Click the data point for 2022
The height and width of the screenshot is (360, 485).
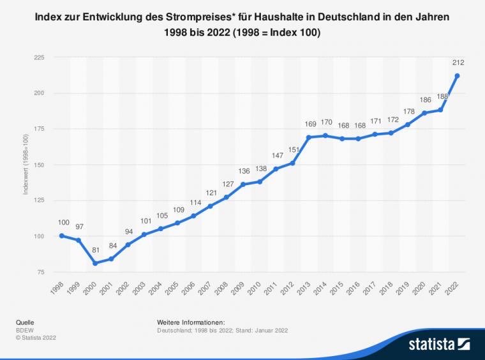pyautogui.click(x=457, y=76)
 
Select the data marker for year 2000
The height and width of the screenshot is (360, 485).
pyautogui.click(x=94, y=263)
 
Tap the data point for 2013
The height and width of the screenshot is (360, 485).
pyautogui.click(x=309, y=137)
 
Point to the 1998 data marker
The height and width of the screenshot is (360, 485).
pyautogui.click(x=61, y=236)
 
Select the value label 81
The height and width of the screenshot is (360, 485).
pyautogui.click(x=94, y=250)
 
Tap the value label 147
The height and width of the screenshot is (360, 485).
pyautogui.click(x=276, y=155)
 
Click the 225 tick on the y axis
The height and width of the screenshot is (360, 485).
pyautogui.click(x=39, y=57)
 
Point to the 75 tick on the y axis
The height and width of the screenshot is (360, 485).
pyautogui.click(x=41, y=272)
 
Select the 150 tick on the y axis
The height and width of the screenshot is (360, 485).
pyautogui.click(x=39, y=165)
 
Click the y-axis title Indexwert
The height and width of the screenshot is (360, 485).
pyautogui.click(x=26, y=165)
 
